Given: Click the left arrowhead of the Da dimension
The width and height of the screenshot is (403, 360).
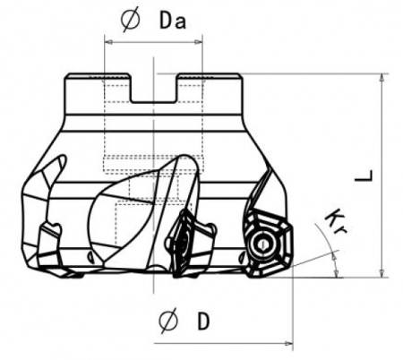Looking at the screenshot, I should coord(108,39).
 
